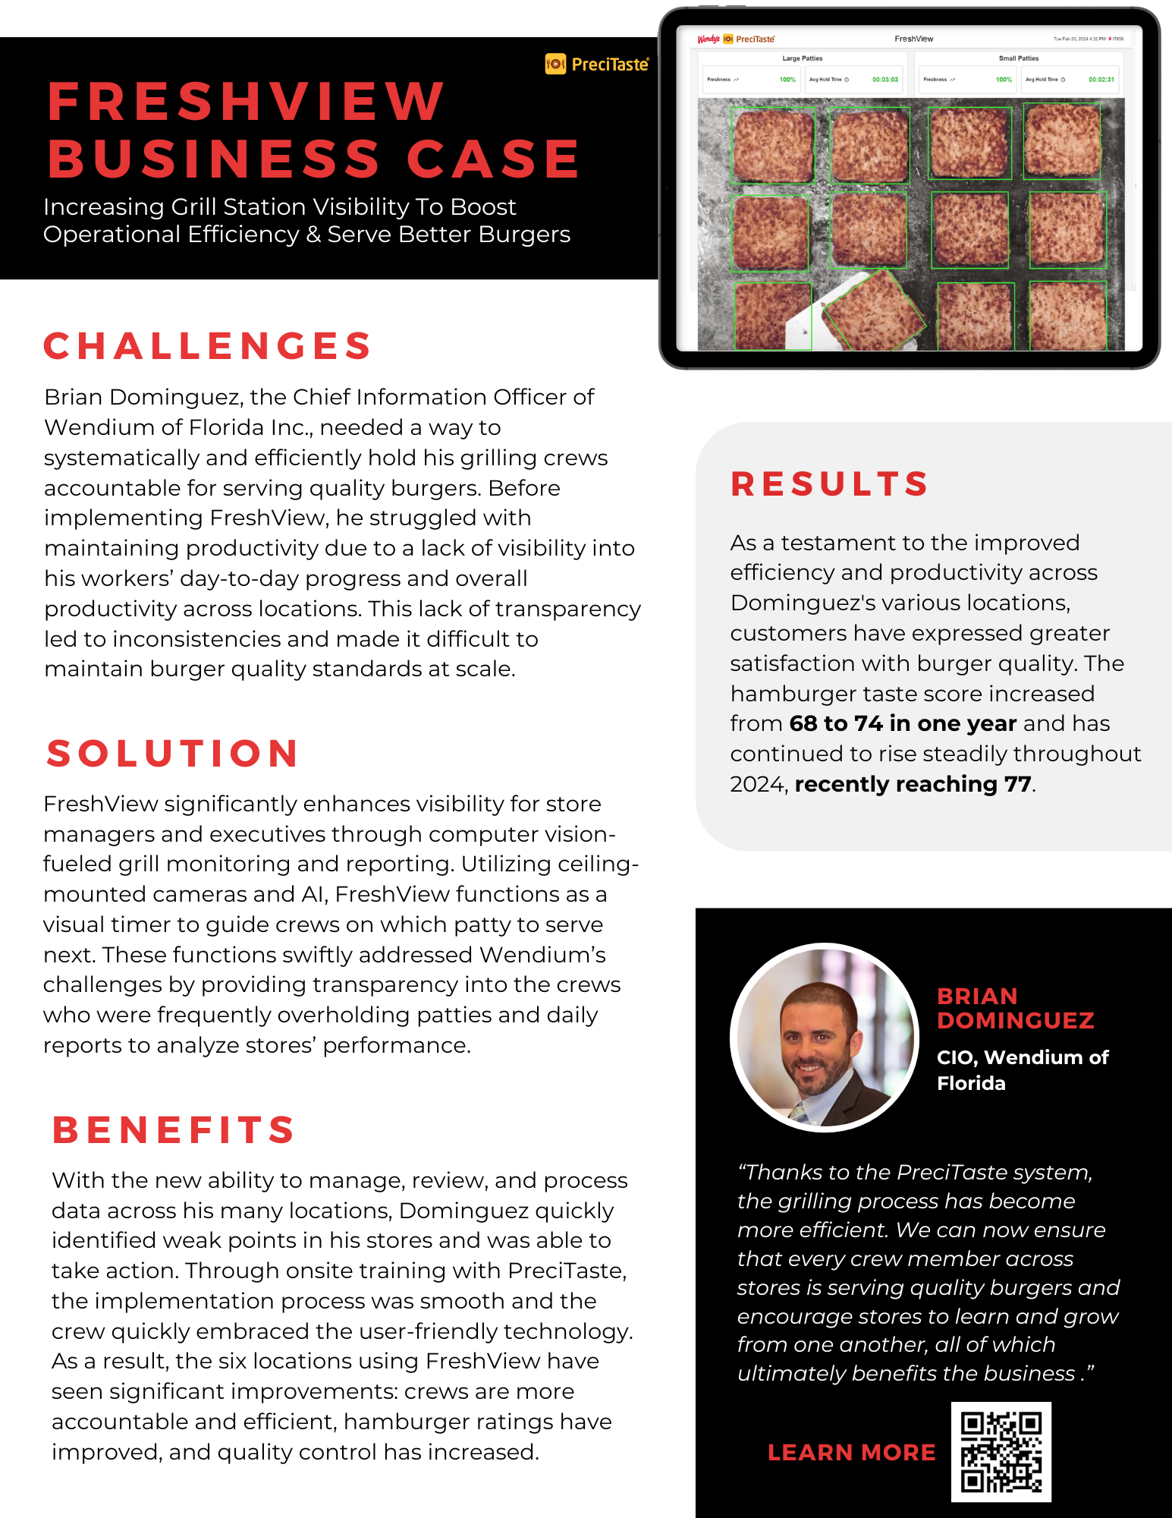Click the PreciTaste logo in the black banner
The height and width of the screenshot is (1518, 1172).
click(597, 65)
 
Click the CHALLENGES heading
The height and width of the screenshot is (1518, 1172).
click(207, 346)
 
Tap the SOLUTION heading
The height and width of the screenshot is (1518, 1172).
click(173, 754)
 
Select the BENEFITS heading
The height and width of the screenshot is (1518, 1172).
click(174, 1129)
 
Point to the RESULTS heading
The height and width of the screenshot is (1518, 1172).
click(830, 484)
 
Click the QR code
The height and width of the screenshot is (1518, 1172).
click(1001, 1451)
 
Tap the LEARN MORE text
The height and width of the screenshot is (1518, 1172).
click(851, 1452)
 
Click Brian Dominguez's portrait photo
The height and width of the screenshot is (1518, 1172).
click(825, 1038)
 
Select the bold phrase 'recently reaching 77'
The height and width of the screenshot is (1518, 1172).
click(913, 784)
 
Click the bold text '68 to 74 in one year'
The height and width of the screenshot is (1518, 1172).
click(903, 723)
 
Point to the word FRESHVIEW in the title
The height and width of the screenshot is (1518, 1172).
click(246, 101)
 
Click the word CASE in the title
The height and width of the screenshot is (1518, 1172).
click(493, 159)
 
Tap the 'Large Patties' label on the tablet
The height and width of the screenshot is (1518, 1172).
click(802, 58)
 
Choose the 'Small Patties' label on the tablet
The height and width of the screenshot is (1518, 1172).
click(1018, 58)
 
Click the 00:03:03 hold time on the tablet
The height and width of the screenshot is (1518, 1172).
click(884, 80)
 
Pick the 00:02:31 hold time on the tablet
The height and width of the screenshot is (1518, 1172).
click(1101, 80)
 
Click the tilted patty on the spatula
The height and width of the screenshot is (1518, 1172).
click(874, 310)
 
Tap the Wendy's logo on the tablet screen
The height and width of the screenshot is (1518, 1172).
click(708, 39)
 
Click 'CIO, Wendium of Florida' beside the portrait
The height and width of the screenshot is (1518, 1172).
click(1022, 1070)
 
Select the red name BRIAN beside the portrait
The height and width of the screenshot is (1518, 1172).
click(977, 996)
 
